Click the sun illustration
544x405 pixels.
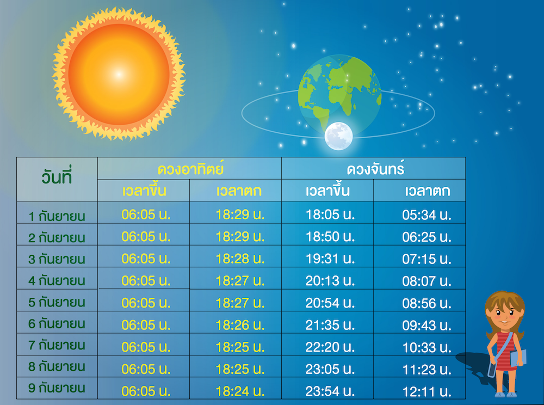pos(119,74)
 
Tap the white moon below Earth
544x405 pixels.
pos(338,136)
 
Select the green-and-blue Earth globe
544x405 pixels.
pos(339,94)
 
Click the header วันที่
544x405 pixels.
pos(57,177)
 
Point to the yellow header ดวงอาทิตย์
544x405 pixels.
pos(190,169)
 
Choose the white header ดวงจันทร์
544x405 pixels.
pos(375,169)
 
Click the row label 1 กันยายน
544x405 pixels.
pos(57,216)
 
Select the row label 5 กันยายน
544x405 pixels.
pos(57,302)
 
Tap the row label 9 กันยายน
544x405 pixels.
pos(57,388)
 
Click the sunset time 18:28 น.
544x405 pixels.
pos(240,259)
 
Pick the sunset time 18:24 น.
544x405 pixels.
pos(240,391)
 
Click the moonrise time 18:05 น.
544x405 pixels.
pos(330,214)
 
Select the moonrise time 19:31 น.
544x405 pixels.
pos(330,259)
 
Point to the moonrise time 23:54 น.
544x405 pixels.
pos(330,391)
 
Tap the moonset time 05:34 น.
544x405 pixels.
pos(426,215)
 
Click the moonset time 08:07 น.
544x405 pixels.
pos(426,281)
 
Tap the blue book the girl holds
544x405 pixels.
pos(518,358)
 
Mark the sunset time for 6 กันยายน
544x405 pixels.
pos(240,325)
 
